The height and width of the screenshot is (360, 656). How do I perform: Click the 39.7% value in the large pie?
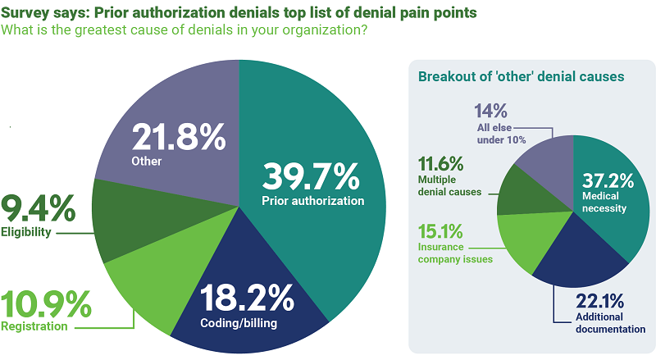[311, 176]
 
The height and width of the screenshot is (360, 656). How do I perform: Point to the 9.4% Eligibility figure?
[37, 209]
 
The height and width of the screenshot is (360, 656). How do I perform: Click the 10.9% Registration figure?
[45, 306]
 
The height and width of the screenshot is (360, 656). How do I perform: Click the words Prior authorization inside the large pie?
[312, 201]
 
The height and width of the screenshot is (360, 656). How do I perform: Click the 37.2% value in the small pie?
[604, 181]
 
